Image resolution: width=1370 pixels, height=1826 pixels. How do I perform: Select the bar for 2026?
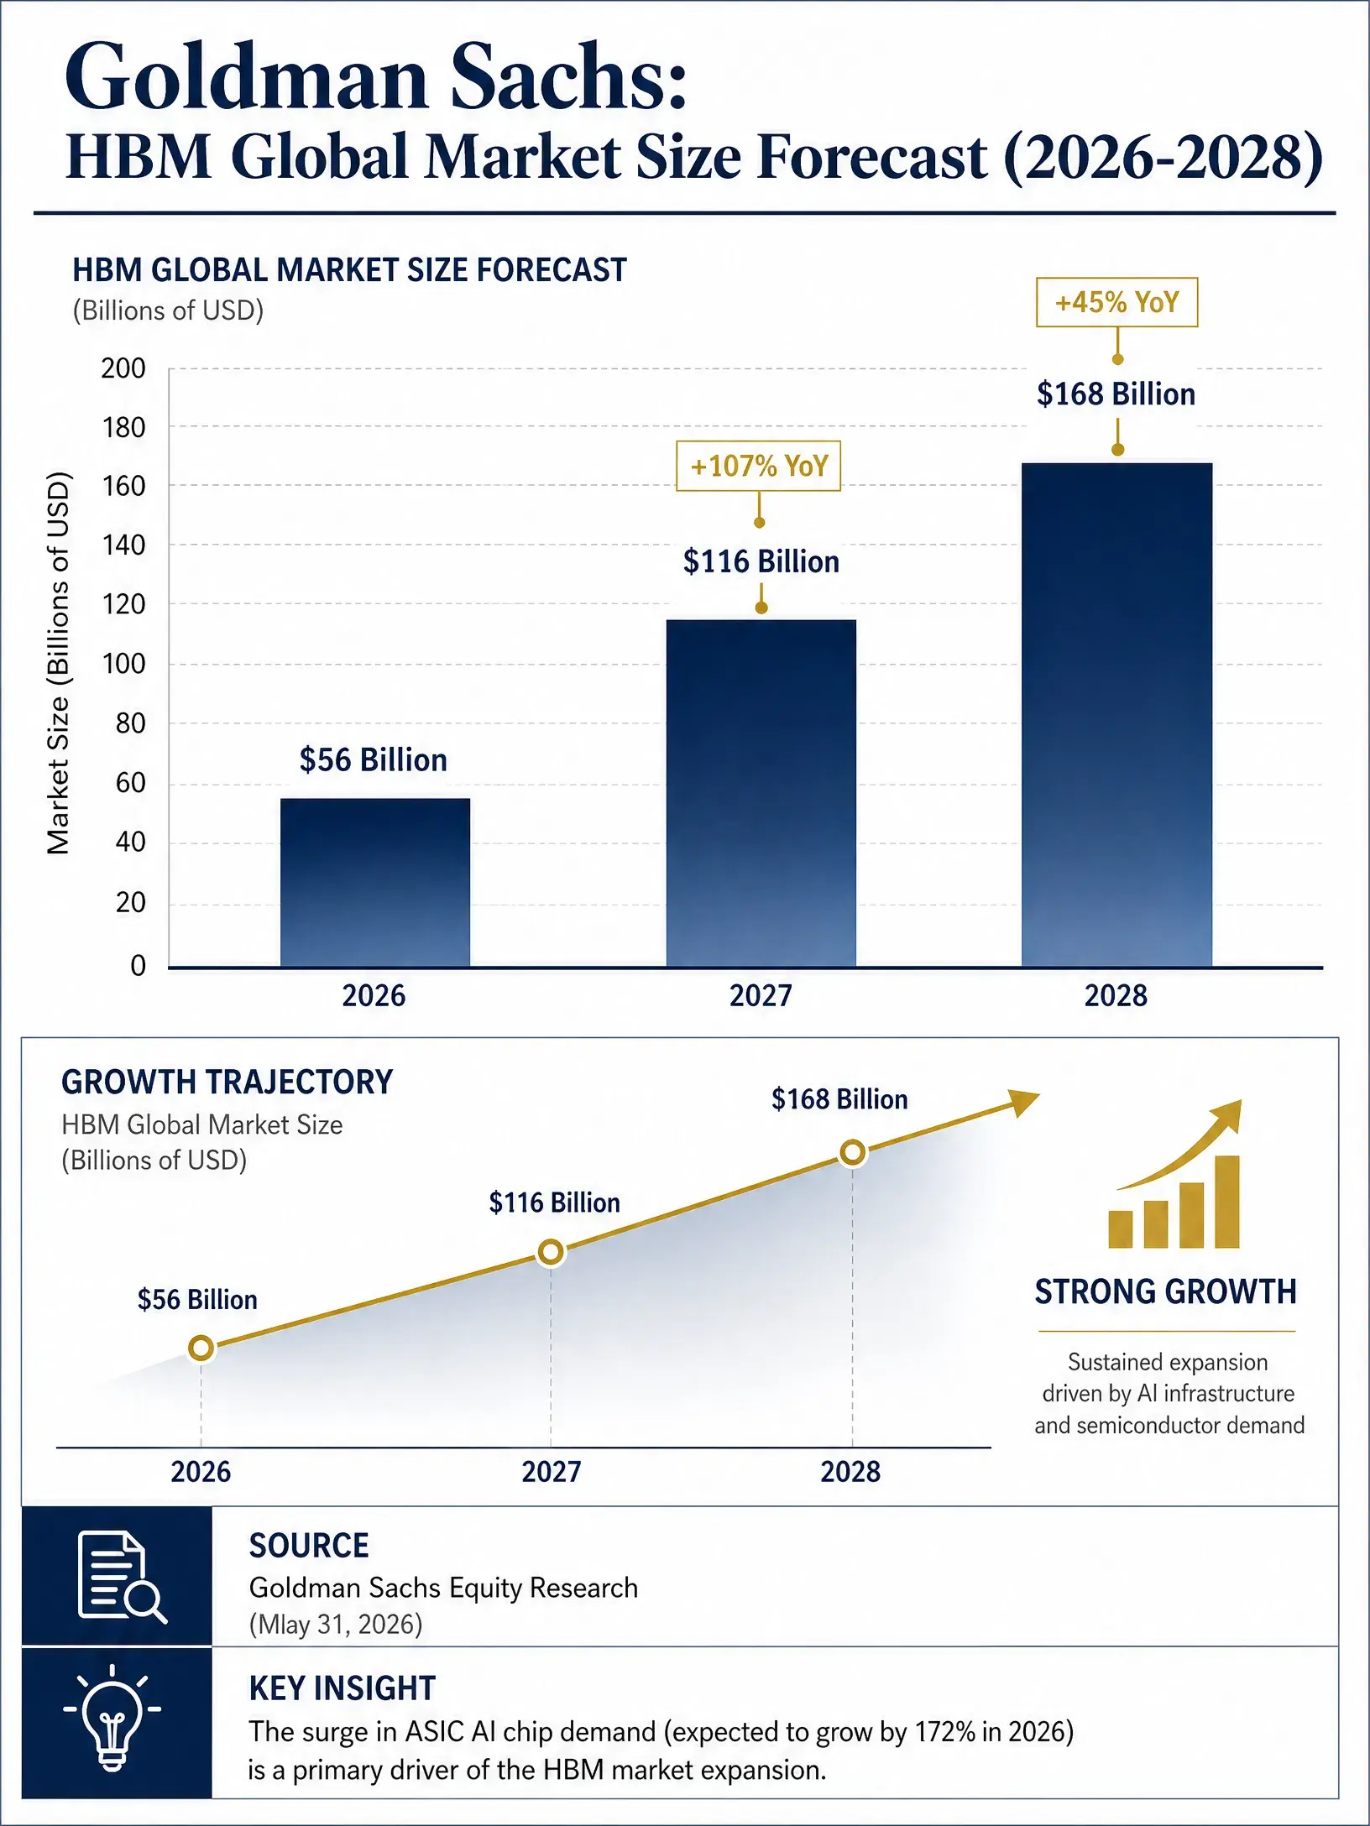(x=375, y=882)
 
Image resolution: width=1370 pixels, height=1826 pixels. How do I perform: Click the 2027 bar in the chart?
(x=761, y=793)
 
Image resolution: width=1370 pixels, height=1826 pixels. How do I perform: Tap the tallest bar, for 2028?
(x=1116, y=715)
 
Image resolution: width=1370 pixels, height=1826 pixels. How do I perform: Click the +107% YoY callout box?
(x=759, y=466)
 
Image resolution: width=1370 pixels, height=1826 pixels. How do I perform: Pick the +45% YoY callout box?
(x=1116, y=302)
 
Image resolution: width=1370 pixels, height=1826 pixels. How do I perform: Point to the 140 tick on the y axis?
(x=123, y=545)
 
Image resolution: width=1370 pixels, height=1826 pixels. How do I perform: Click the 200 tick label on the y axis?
(x=123, y=368)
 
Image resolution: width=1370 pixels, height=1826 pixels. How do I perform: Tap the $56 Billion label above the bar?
(x=374, y=760)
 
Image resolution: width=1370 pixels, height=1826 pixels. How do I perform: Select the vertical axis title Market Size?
(x=58, y=664)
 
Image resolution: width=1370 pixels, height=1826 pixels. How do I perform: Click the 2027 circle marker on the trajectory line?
(x=551, y=1252)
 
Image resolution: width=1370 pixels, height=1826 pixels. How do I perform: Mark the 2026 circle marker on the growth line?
(x=201, y=1349)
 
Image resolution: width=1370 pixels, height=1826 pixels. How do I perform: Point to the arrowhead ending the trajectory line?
(x=1024, y=1101)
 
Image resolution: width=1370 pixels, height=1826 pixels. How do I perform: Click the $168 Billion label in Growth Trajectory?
(x=839, y=1099)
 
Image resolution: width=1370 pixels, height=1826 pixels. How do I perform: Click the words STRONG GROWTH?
(x=1165, y=1291)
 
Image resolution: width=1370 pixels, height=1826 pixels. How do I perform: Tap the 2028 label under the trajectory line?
(x=850, y=1471)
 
